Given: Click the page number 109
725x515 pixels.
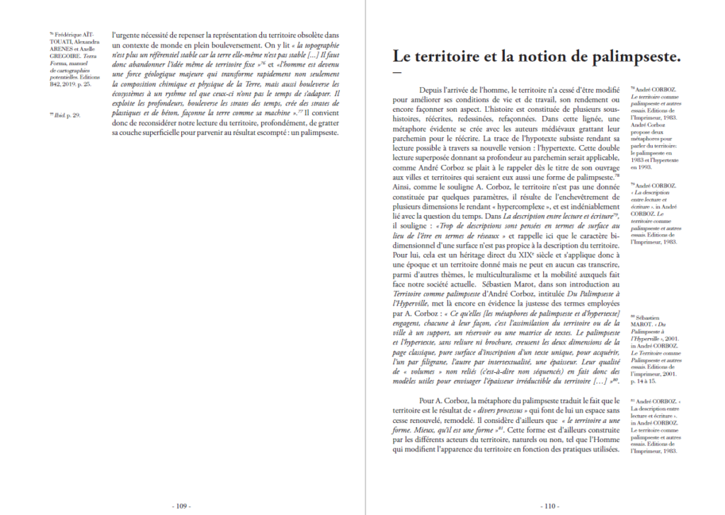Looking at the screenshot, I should point(181,506).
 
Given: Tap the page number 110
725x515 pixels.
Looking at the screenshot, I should point(550,506).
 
